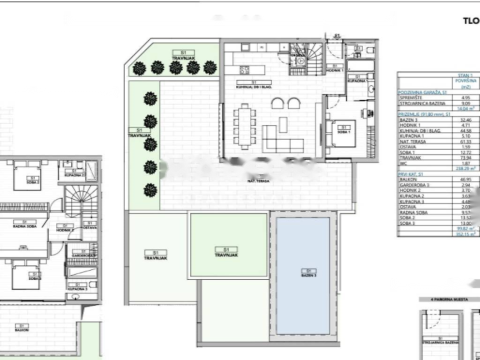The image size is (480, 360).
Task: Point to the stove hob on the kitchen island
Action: pyautogui.click(x=245, y=70)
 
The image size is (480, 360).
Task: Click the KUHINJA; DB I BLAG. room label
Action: pyautogui.click(x=254, y=84)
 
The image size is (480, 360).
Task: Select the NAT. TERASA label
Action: pyautogui.click(x=258, y=180)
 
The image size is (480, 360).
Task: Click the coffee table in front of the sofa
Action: pyautogui.click(x=283, y=125)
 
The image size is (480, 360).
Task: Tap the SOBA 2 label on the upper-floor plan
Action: pyautogui.click(x=32, y=180)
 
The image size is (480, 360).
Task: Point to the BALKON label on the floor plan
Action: pyautogui.click(x=21, y=328)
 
